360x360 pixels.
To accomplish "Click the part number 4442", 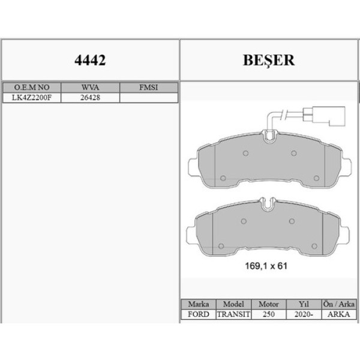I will [89, 61].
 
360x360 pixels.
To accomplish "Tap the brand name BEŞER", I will [268, 61].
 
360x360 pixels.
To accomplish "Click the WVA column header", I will [89, 87].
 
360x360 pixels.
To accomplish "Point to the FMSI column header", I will [148, 87].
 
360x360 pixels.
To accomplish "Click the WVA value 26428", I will [89, 97].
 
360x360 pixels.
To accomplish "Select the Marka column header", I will [198, 304].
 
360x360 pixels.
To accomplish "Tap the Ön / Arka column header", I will [340, 304].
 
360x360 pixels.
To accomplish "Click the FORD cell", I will [198, 314].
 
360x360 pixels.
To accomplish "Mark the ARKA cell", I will [340, 314].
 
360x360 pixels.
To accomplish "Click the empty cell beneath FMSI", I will [148, 97].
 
